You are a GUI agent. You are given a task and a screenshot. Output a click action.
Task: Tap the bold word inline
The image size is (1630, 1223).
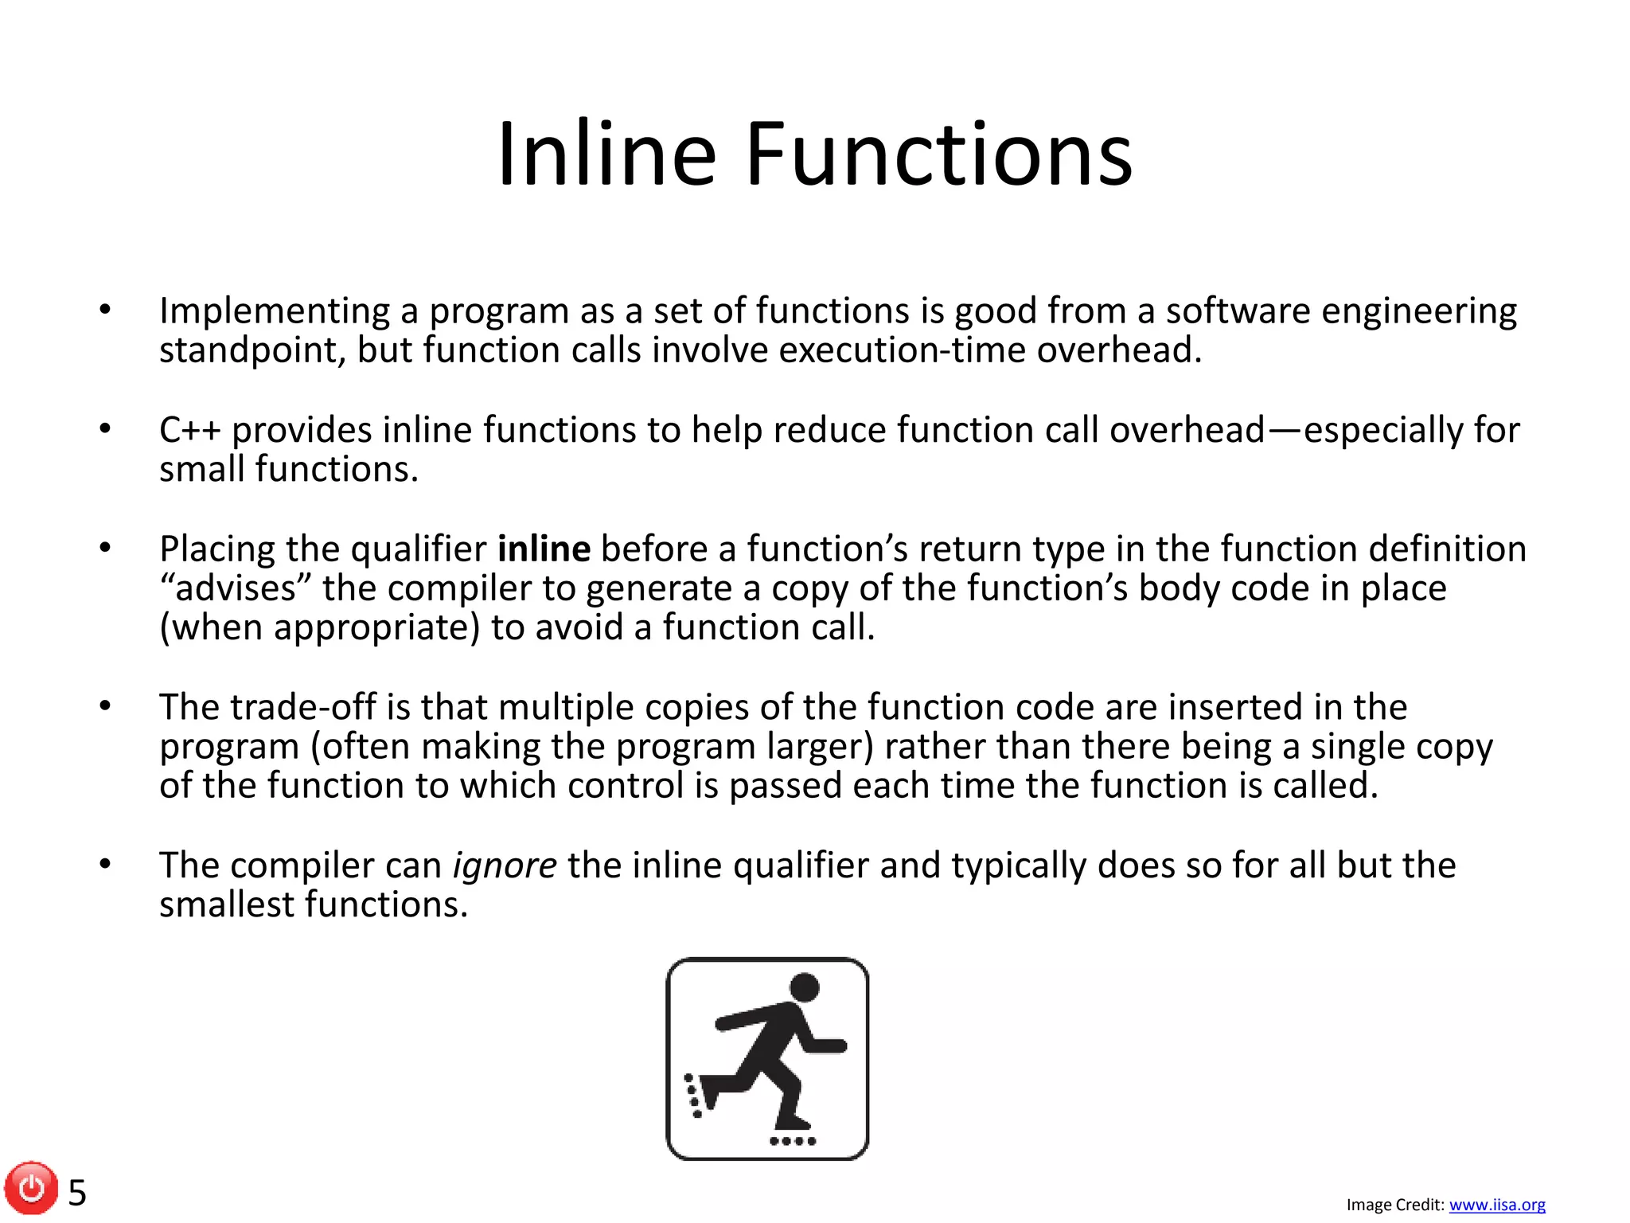[544, 549]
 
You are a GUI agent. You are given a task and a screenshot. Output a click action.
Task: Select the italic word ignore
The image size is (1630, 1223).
[505, 865]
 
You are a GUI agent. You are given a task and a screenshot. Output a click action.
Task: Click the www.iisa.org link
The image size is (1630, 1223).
[1497, 1205]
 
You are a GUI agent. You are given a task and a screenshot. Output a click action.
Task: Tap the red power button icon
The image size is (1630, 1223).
[31, 1188]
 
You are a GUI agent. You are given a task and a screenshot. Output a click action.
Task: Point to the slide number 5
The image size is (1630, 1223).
[77, 1193]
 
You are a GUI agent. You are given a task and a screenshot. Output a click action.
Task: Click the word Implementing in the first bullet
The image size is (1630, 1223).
[275, 312]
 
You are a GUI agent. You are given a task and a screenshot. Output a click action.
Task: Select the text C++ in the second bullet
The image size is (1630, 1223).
[189, 430]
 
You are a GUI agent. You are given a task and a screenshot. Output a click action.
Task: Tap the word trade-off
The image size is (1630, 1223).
[302, 707]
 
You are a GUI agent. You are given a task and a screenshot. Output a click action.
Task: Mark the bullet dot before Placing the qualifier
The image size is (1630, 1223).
[105, 547]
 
